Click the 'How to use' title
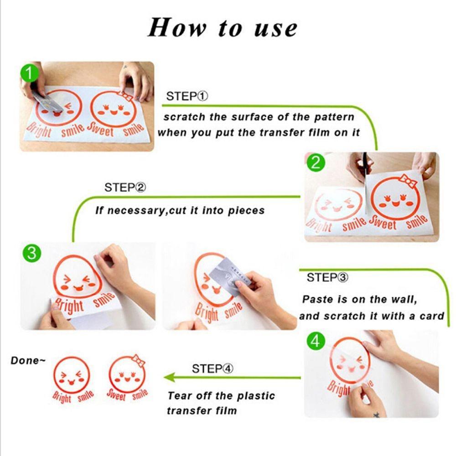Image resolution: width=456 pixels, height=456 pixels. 223,28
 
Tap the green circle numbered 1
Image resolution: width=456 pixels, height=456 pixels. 29,73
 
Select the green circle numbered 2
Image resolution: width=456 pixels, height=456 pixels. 315,163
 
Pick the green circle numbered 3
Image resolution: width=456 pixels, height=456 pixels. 32,253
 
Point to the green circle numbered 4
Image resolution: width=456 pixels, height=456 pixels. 316,340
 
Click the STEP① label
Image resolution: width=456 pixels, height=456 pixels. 187,96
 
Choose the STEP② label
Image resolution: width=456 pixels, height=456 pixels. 125,187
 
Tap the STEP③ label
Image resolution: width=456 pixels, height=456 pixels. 327,277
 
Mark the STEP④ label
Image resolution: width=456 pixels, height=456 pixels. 212,369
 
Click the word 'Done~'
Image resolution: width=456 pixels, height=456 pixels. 28,361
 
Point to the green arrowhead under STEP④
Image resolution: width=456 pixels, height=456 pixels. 170,378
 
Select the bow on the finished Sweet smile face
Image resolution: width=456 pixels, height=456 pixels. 138,360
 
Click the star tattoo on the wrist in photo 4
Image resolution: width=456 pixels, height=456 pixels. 376,415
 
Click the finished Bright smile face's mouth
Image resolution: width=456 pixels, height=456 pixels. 71,381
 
